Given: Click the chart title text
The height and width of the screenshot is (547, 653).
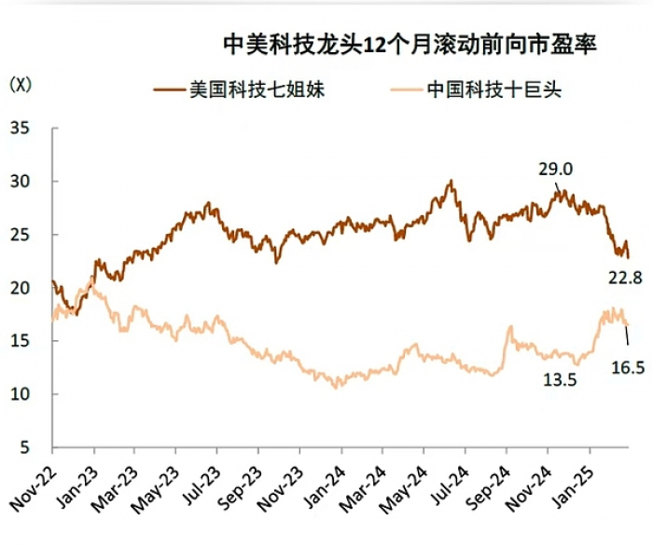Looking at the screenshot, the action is point(410,44).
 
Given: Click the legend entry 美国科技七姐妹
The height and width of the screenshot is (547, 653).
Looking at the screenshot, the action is point(240,89).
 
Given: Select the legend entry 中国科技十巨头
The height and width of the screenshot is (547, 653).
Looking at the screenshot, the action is point(477,89).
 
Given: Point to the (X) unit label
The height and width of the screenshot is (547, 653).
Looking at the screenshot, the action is point(21,85).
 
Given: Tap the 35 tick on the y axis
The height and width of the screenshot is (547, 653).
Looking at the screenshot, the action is point(20,128).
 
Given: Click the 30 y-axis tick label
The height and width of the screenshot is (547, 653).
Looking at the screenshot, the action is point(20,182).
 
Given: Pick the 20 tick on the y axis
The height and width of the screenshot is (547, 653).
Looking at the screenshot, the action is point(20,288).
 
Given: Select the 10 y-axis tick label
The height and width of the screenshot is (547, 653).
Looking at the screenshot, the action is point(20,394).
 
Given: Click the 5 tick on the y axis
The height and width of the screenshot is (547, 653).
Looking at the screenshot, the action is point(25,447).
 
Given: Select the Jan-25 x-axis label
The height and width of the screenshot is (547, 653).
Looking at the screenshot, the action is point(572,485).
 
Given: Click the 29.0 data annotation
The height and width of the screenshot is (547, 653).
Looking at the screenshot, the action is point(555,170).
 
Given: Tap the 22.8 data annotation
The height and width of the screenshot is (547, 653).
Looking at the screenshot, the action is point(625,278).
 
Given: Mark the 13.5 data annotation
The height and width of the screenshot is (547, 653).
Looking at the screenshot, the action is point(560,380).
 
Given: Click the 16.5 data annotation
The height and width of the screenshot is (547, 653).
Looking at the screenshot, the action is point(628,368).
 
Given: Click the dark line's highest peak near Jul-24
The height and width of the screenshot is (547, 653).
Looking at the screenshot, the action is point(451,180).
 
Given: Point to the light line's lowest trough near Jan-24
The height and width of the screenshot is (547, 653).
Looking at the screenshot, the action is point(336,388).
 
